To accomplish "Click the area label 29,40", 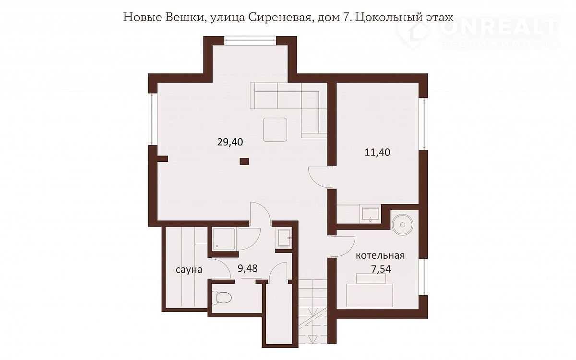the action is [230, 142].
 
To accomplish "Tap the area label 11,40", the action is [377, 153].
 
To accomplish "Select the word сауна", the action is [189, 270].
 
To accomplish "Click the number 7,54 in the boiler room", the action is [381, 269].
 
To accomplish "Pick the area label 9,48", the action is [248, 268].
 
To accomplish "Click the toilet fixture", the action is [224, 298].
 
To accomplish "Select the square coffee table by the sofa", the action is [275, 130].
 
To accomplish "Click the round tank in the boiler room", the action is [402, 225].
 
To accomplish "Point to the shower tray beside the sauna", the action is [224, 239].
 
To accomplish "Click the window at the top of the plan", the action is [250, 41].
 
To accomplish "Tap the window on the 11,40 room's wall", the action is [423, 124].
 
